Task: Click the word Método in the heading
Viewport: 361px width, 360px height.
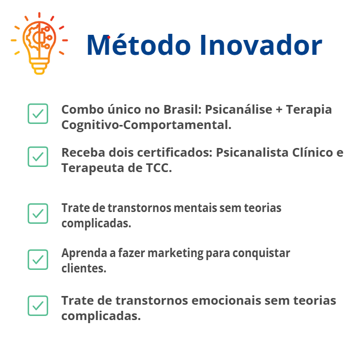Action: click(x=139, y=45)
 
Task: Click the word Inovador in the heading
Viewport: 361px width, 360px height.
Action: click(x=261, y=45)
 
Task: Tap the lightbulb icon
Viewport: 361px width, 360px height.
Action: click(x=39, y=44)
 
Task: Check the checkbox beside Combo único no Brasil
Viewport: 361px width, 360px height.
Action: click(x=38, y=114)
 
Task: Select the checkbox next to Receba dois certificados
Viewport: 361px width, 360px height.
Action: click(x=38, y=157)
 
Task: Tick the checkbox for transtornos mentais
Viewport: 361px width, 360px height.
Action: click(x=38, y=214)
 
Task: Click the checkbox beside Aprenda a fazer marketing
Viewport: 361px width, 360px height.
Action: click(x=38, y=260)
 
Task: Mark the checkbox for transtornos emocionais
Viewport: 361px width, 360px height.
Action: click(x=38, y=306)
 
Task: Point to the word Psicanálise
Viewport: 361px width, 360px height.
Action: click(x=239, y=110)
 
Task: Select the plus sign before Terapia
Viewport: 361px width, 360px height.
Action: click(x=279, y=110)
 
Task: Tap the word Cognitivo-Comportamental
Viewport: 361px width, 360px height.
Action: click(x=146, y=125)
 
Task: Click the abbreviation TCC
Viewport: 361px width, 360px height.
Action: click(x=159, y=168)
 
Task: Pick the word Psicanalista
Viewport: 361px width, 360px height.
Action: click(x=252, y=153)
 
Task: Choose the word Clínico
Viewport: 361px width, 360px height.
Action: click(x=312, y=153)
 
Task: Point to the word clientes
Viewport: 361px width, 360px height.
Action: click(x=84, y=268)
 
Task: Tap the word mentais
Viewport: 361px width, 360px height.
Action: click(x=195, y=208)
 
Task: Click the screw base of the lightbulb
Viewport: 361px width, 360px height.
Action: click(x=39, y=66)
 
